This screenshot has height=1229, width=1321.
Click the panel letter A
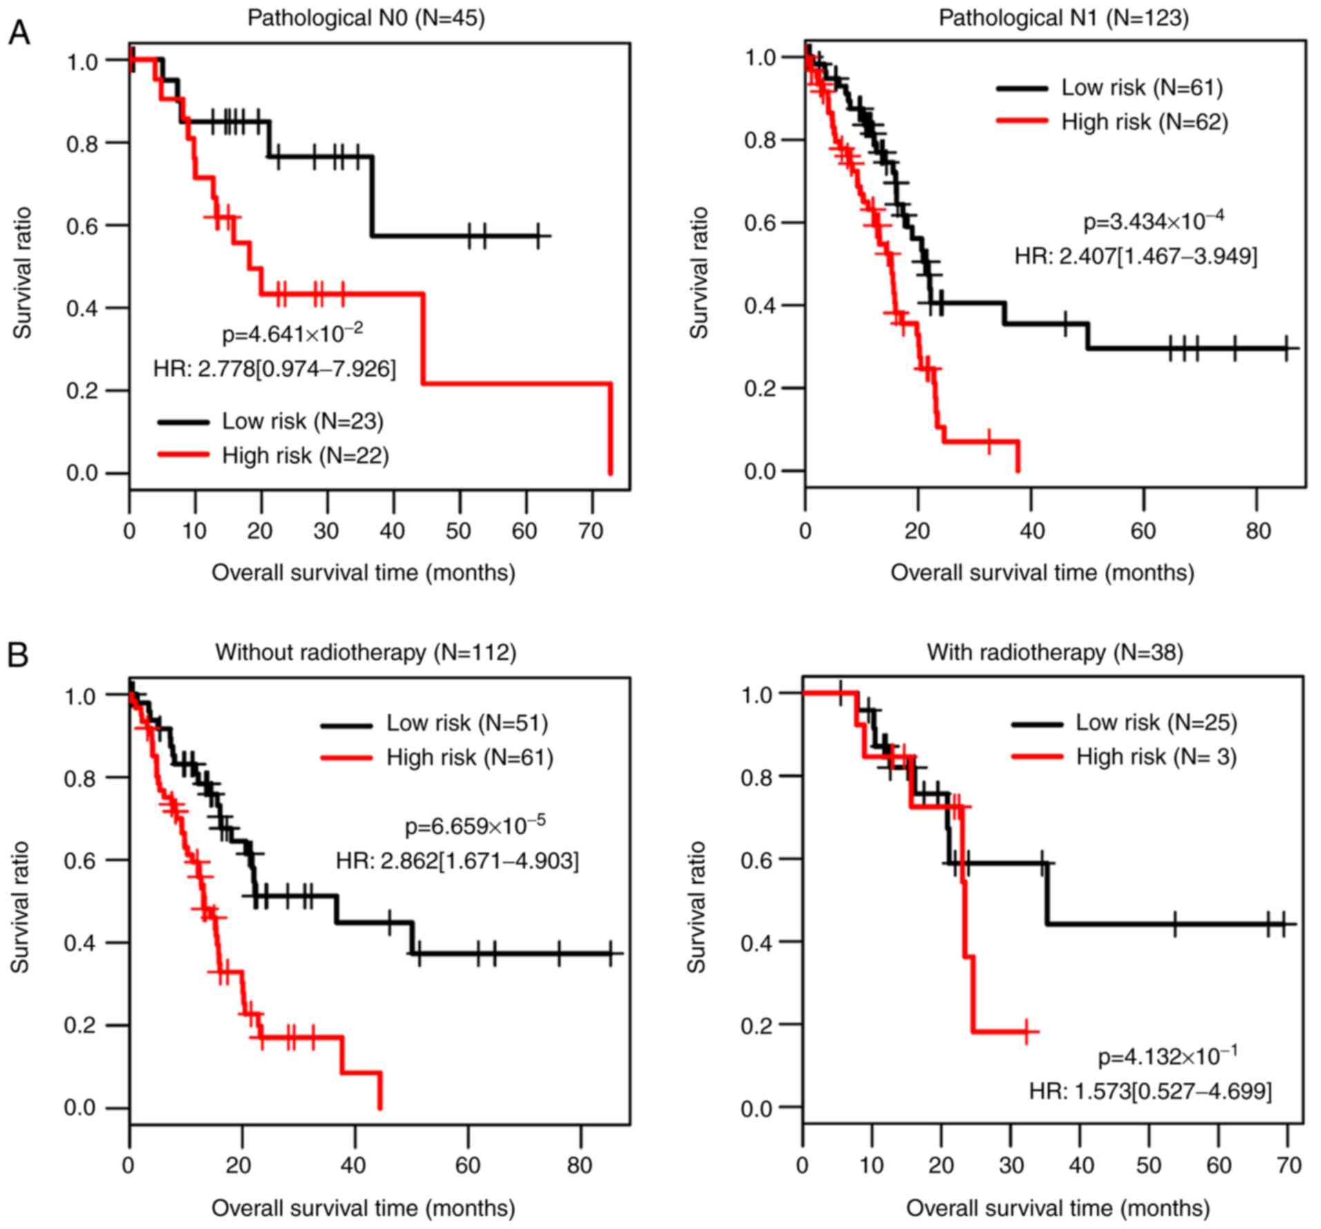pyautogui.click(x=19, y=33)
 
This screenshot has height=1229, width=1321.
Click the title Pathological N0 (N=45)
pyautogui.click(x=366, y=18)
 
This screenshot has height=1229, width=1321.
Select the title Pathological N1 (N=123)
pyautogui.click(x=1063, y=18)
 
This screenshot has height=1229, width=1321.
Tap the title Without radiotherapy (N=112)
pyautogui.click(x=365, y=652)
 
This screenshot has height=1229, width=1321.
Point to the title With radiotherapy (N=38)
pyautogui.click(x=1054, y=652)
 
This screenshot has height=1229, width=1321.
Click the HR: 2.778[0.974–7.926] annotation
pyautogui.click(x=275, y=369)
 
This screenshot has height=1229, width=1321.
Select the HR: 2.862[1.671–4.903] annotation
pyautogui.click(x=457, y=861)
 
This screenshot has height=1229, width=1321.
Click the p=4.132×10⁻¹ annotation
pyautogui.click(x=1167, y=1056)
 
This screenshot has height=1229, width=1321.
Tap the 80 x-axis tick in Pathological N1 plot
pyautogui.click(x=1257, y=531)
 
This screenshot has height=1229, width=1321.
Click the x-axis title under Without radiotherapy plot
pyautogui.click(x=363, y=1208)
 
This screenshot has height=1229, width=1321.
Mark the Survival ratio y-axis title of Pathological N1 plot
pyautogui.click(x=699, y=273)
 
